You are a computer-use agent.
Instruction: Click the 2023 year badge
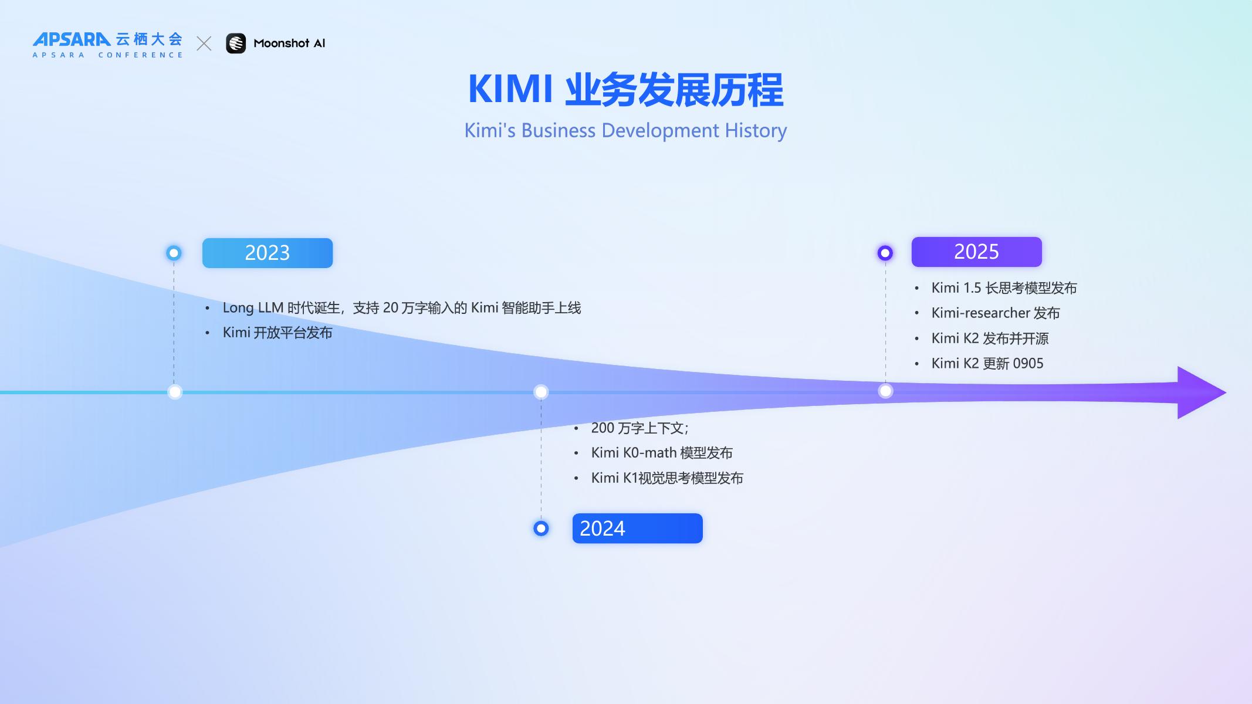pyautogui.click(x=268, y=253)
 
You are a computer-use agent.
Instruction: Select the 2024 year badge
pyautogui.click(x=637, y=529)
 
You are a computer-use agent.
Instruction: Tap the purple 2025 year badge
pyautogui.click(x=976, y=252)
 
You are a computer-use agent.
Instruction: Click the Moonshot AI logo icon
pyautogui.click(x=236, y=43)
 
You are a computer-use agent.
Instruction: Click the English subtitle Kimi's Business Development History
pyautogui.click(x=625, y=130)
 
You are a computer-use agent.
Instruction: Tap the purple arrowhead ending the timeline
pyautogui.click(x=1200, y=392)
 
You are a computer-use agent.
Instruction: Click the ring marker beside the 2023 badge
pyautogui.click(x=174, y=253)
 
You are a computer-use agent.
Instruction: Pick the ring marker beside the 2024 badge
pyautogui.click(x=541, y=529)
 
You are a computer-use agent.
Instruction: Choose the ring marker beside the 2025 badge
pyautogui.click(x=885, y=253)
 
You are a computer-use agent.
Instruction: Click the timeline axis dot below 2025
pyautogui.click(x=885, y=391)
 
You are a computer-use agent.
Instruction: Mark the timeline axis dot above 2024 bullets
pyautogui.click(x=541, y=392)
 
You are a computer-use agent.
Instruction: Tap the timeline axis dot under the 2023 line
pyautogui.click(x=175, y=392)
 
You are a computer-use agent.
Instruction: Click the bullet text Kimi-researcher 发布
pyautogui.click(x=996, y=313)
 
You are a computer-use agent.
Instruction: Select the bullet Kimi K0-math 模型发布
pyautogui.click(x=662, y=453)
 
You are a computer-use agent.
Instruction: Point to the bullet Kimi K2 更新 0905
pyautogui.click(x=987, y=364)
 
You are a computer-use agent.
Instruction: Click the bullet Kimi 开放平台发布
pyautogui.click(x=278, y=333)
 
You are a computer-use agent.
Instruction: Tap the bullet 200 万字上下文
pyautogui.click(x=639, y=428)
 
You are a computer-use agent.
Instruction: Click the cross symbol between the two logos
pyautogui.click(x=204, y=43)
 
